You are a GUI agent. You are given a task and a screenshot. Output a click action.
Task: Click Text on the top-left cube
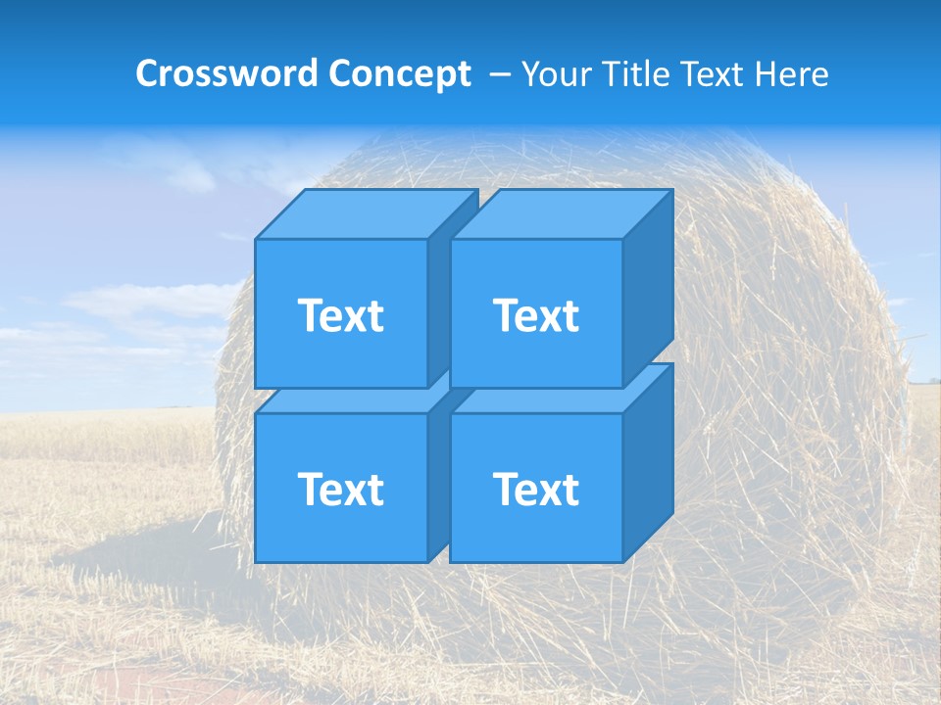tap(340, 315)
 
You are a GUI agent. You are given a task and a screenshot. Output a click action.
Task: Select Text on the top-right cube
tap(535, 315)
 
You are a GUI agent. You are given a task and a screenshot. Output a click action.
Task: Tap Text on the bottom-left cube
tap(340, 489)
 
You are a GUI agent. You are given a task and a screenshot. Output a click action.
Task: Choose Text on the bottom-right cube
tap(535, 489)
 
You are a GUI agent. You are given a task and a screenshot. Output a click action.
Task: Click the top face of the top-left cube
tap(363, 213)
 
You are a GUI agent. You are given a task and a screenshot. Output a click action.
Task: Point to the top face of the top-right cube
tap(559, 213)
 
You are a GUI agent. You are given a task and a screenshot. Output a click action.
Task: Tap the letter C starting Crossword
tap(147, 73)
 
